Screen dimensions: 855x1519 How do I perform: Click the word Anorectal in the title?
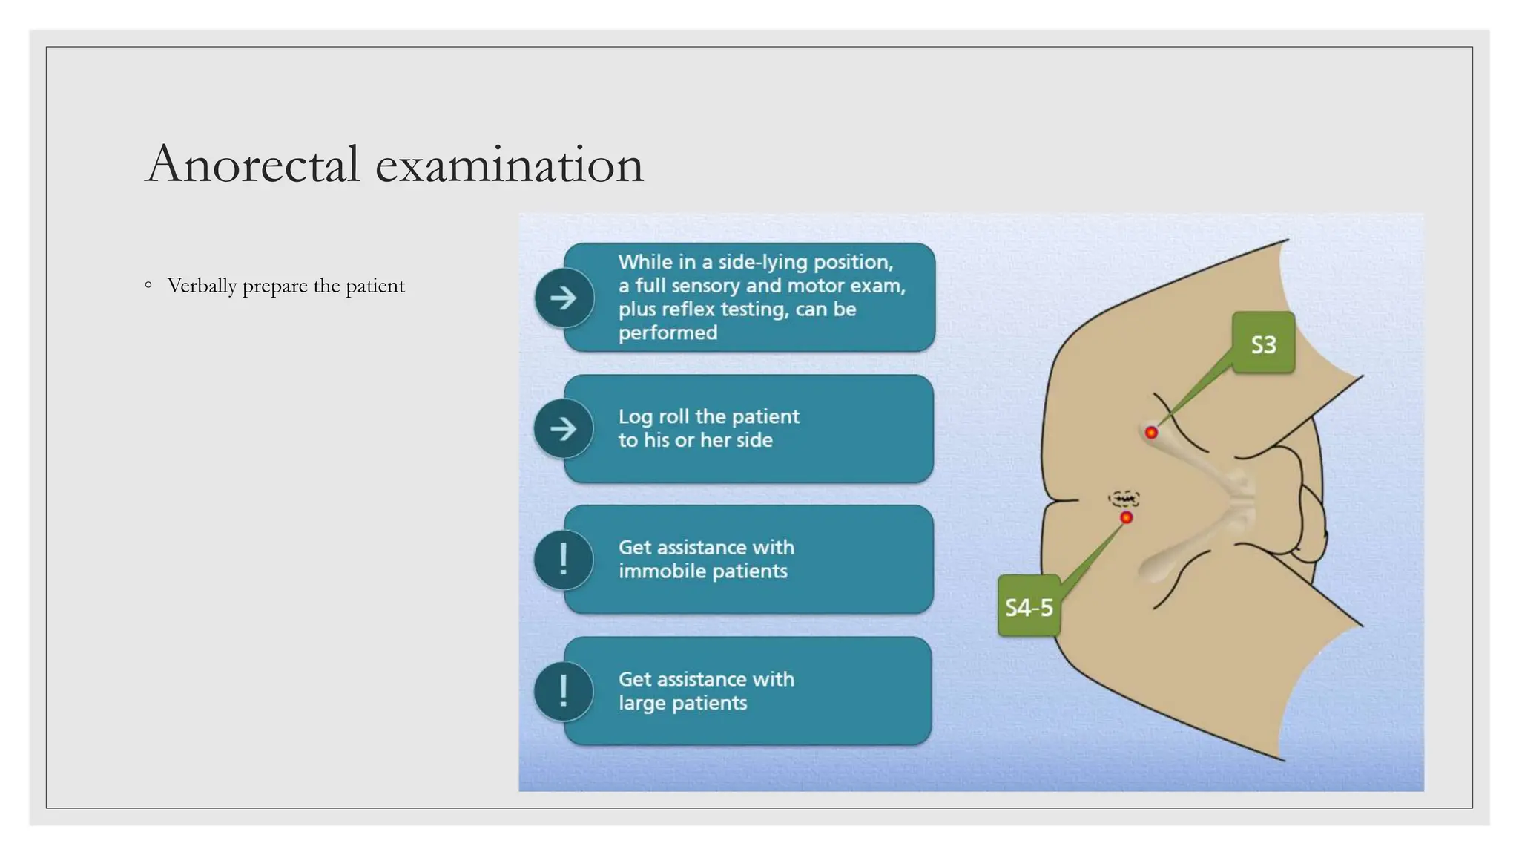(252, 165)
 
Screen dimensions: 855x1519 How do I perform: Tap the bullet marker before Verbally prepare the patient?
(148, 285)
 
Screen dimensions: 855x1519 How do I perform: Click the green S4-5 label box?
(1029, 607)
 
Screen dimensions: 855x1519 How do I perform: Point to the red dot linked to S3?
(1151, 433)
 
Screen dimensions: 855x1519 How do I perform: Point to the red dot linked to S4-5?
(1126, 517)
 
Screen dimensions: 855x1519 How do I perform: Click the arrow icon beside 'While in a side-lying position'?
(564, 298)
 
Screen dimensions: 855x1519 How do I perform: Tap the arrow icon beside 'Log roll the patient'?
(564, 429)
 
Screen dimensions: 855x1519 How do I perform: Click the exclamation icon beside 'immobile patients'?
(564, 560)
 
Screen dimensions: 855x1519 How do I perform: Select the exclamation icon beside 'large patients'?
(564, 691)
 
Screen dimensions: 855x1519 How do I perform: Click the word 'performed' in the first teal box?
(668, 332)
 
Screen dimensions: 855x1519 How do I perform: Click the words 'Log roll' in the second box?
(653, 416)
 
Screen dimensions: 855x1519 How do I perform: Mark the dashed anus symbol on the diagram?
(1124, 499)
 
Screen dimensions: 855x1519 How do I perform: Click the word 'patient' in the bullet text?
(375, 286)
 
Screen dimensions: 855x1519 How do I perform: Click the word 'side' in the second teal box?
(754, 440)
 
